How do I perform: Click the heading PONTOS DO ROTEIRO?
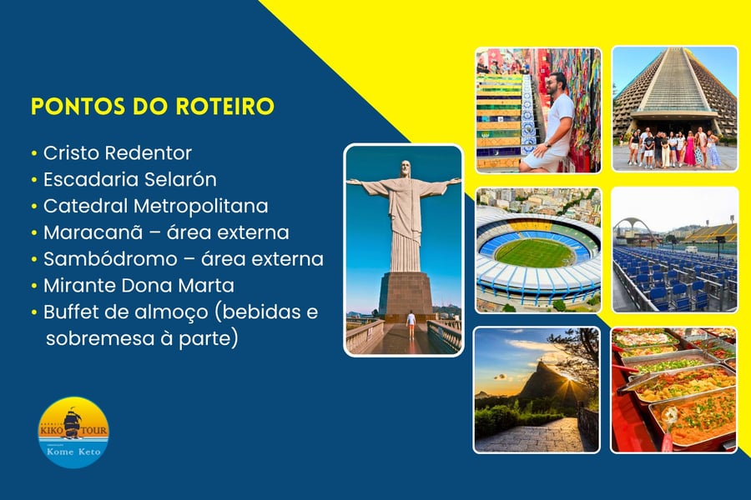pos(153,106)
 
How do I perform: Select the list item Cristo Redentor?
pos(118,153)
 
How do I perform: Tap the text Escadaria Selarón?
pos(130,179)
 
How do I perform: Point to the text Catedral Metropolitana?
pos(156,206)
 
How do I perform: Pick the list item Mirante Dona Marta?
pos(139,286)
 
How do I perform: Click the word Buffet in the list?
pos(70,312)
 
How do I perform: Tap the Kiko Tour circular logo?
pos(73,432)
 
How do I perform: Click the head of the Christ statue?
pos(406,168)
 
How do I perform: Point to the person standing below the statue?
pos(411,325)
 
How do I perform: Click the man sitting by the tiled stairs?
pos(551,123)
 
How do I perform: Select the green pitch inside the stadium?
pos(535,252)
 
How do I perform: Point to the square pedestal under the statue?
pos(406,294)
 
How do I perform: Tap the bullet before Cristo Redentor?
pos(34,153)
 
